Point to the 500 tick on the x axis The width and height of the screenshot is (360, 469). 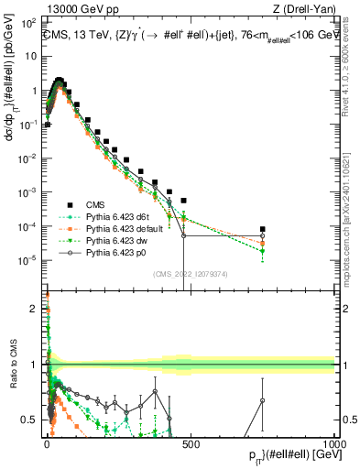[x=191, y=442]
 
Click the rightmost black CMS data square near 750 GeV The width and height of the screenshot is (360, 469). [x=263, y=229]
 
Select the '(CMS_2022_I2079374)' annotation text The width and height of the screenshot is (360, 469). [x=190, y=271]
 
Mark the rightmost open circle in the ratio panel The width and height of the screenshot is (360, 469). [x=263, y=399]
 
